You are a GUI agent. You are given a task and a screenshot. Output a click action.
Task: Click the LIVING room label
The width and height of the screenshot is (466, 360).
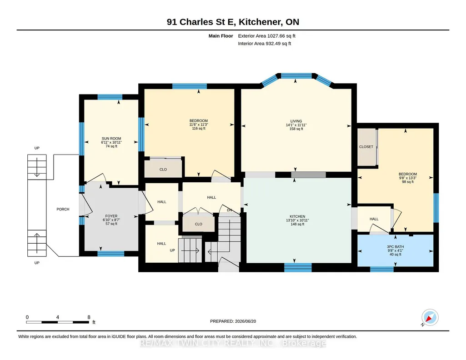(296, 121)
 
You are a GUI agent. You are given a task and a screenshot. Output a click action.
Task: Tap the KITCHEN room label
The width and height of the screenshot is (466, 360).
(297, 216)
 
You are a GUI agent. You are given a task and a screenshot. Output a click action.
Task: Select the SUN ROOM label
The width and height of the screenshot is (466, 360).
(111, 139)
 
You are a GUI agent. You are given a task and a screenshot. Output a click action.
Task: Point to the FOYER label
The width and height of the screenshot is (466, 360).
(111, 216)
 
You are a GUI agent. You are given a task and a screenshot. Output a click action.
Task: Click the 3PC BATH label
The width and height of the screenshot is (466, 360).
(395, 247)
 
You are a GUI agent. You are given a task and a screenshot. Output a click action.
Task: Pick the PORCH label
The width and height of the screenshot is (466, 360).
(63, 209)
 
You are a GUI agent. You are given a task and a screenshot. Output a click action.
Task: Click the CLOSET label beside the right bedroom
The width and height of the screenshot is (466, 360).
(366, 147)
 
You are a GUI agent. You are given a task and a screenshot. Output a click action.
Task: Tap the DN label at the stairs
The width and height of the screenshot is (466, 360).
(230, 210)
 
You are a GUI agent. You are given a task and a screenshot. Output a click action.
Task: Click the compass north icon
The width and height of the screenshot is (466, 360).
(430, 318)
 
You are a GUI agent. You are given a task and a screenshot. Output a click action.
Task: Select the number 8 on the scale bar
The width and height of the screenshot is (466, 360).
(89, 317)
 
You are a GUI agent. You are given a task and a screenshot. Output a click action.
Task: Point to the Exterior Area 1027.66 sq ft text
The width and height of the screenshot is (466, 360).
(266, 36)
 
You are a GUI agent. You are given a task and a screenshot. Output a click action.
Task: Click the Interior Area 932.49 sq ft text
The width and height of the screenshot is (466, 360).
(265, 43)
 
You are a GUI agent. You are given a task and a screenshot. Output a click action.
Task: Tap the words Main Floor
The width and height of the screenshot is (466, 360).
(221, 36)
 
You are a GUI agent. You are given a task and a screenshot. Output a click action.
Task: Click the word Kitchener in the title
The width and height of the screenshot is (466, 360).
(261, 22)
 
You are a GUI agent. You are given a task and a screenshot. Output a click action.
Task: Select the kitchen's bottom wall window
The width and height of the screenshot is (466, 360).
(298, 267)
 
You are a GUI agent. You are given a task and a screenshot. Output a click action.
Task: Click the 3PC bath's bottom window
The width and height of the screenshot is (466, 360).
(382, 269)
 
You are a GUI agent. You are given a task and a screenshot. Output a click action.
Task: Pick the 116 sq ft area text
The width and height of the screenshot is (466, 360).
(199, 128)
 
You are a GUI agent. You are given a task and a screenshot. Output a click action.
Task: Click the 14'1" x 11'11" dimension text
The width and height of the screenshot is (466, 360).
(296, 125)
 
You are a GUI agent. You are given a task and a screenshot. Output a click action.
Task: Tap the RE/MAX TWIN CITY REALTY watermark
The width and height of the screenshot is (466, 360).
(233, 343)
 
